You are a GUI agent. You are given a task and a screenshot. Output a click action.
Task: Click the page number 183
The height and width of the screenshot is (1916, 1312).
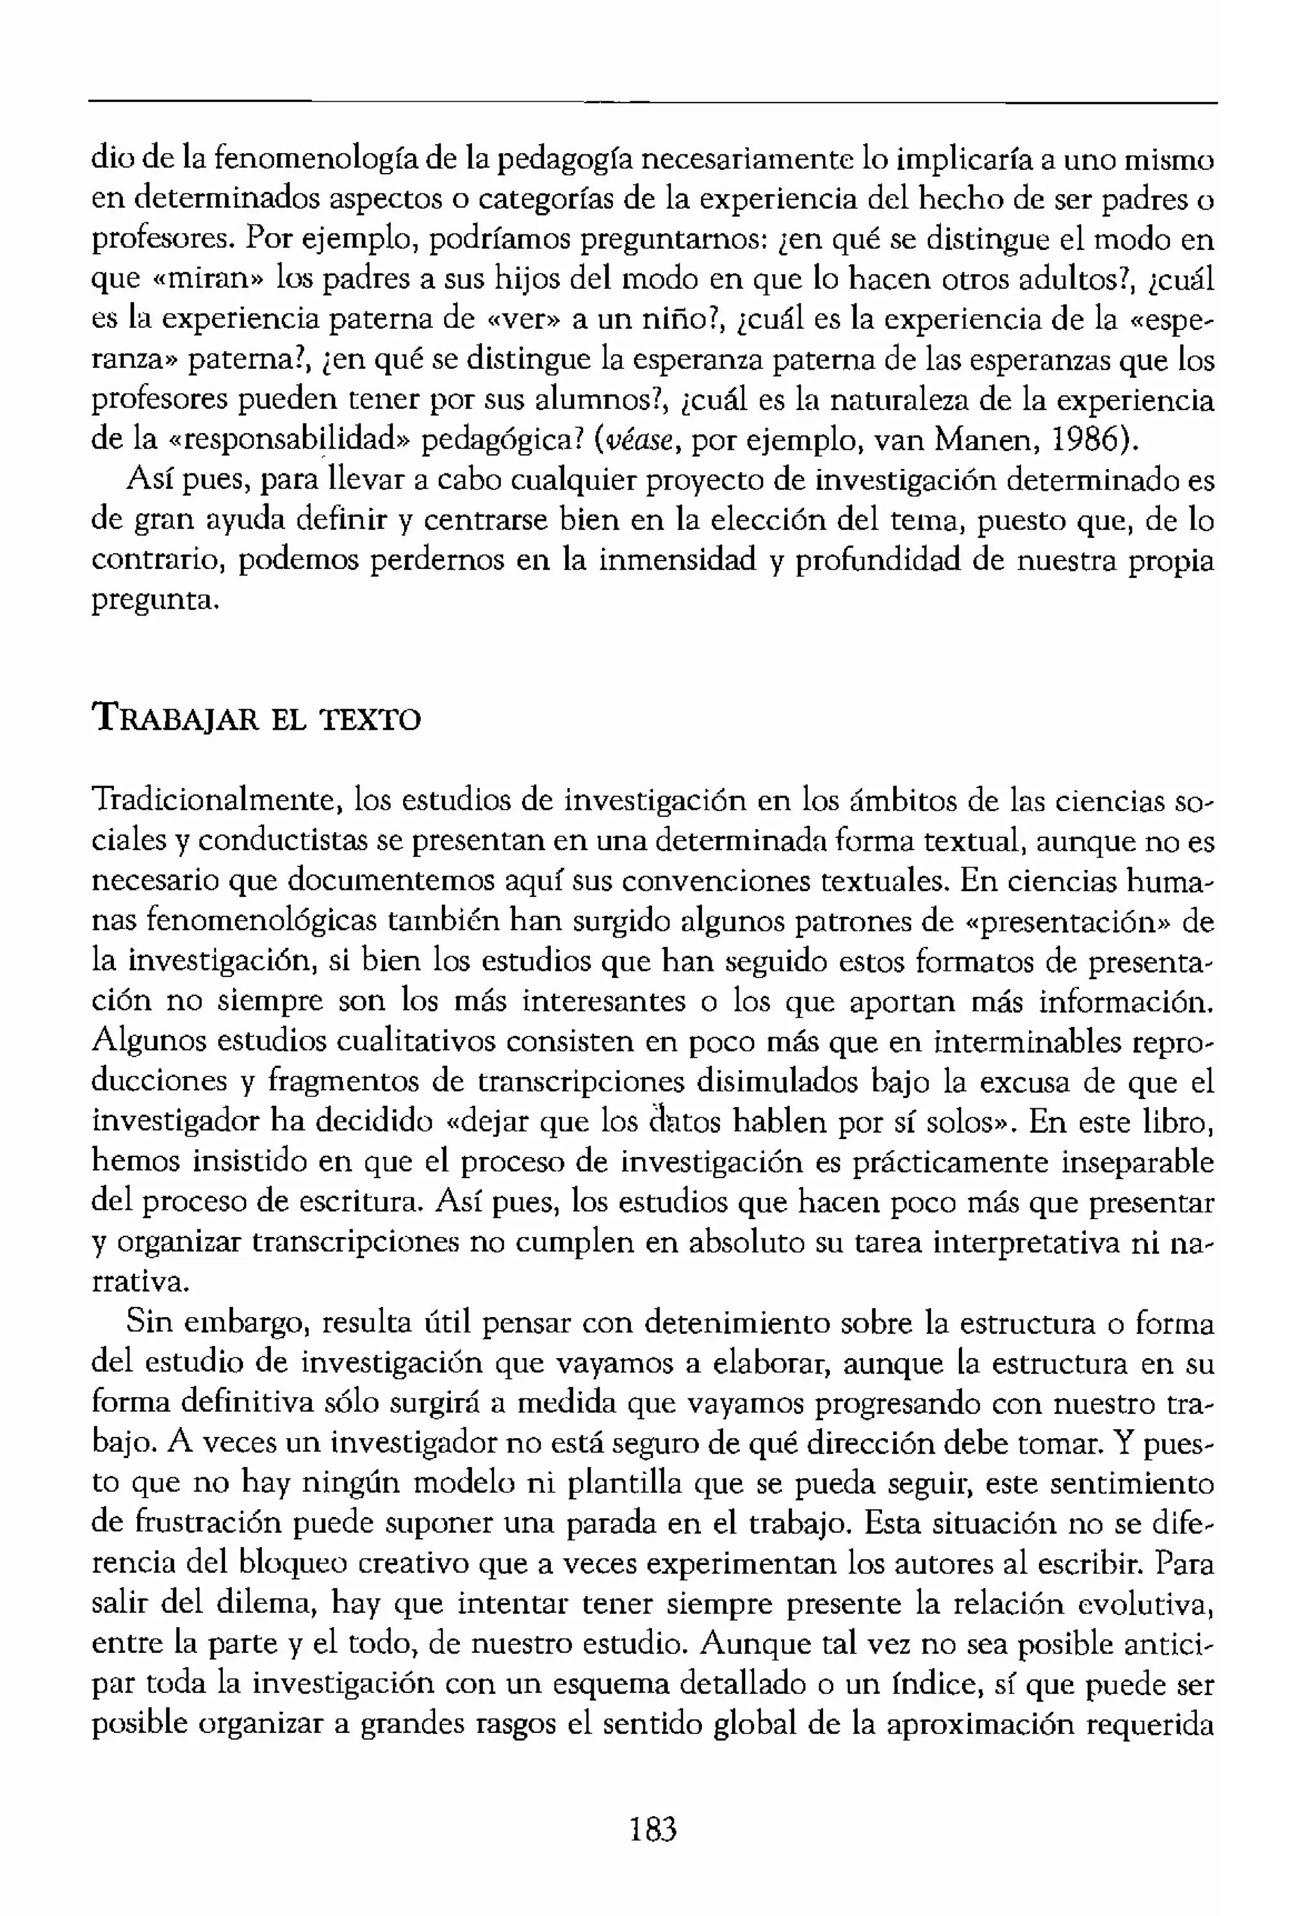[653, 1830]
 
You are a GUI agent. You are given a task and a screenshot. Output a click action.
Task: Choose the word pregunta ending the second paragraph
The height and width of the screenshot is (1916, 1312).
[152, 601]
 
